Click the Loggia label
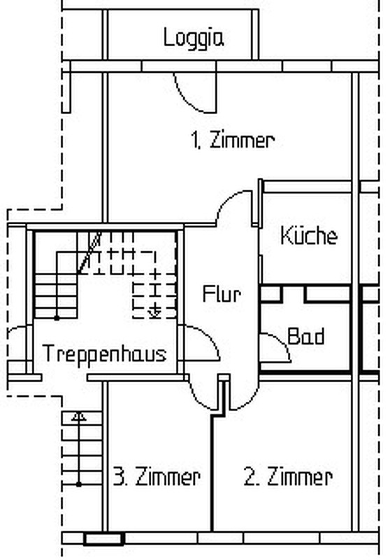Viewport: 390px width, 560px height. click(x=194, y=37)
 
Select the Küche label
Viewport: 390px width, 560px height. click(x=308, y=236)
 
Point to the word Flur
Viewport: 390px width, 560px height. click(x=222, y=294)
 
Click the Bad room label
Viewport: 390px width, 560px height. click(x=306, y=337)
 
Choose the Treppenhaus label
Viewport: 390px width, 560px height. click(x=104, y=353)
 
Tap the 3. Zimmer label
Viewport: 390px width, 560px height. click(x=157, y=477)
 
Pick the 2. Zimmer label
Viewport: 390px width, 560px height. click(x=287, y=477)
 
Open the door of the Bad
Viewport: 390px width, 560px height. click(x=274, y=347)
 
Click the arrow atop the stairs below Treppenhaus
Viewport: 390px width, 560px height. click(x=79, y=416)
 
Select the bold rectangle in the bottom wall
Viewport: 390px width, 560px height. click(x=103, y=539)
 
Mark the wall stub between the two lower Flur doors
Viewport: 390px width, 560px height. click(x=223, y=395)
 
